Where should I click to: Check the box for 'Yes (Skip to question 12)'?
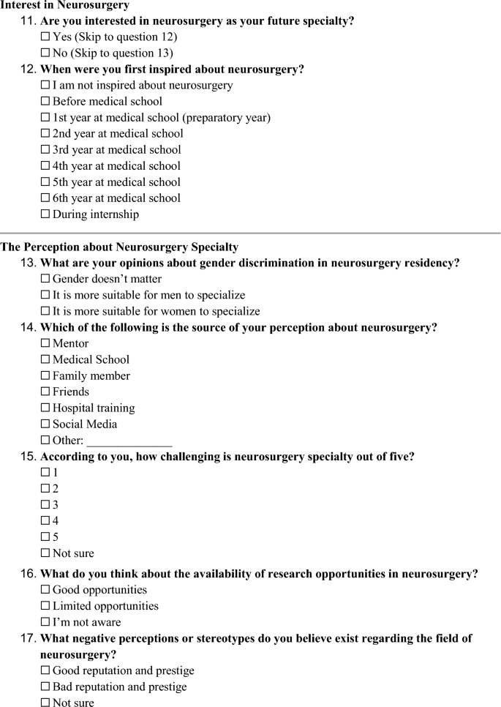[x=46, y=37]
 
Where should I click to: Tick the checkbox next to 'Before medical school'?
[x=46, y=102]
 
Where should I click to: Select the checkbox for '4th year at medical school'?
[x=46, y=166]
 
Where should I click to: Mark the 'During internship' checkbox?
[x=46, y=214]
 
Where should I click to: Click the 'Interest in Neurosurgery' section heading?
[x=65, y=5]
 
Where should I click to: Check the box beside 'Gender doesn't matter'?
[x=46, y=279]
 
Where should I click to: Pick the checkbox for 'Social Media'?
[x=46, y=424]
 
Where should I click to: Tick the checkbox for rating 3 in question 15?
[x=46, y=505]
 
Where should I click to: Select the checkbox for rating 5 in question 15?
[x=46, y=537]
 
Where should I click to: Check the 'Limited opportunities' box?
[x=46, y=606]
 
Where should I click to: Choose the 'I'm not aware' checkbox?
[x=46, y=622]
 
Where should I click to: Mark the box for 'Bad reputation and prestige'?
[x=46, y=687]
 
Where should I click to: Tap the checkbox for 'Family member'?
[x=46, y=375]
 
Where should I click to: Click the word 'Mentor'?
[x=71, y=344]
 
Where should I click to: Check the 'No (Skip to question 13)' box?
[x=46, y=53]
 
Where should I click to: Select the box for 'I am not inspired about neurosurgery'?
[x=46, y=86]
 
